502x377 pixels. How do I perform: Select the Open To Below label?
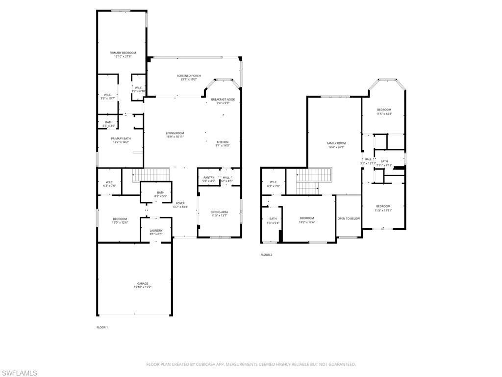pyautogui.click(x=349, y=218)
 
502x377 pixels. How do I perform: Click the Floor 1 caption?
pyautogui.click(x=102, y=327)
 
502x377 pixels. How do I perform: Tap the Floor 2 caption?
pyautogui.click(x=266, y=255)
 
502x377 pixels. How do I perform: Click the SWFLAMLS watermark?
pyautogui.click(x=19, y=373)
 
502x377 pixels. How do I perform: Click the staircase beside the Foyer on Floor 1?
pyautogui.click(x=151, y=174)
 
